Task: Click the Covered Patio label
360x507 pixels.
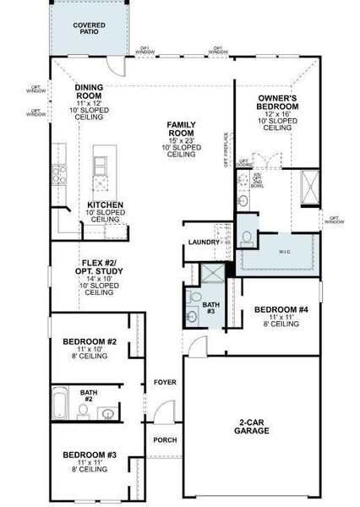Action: tap(89, 30)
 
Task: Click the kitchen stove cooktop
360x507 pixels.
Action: tap(60, 174)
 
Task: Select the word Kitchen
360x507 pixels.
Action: tap(106, 205)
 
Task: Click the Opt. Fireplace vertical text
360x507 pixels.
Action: tap(226, 150)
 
